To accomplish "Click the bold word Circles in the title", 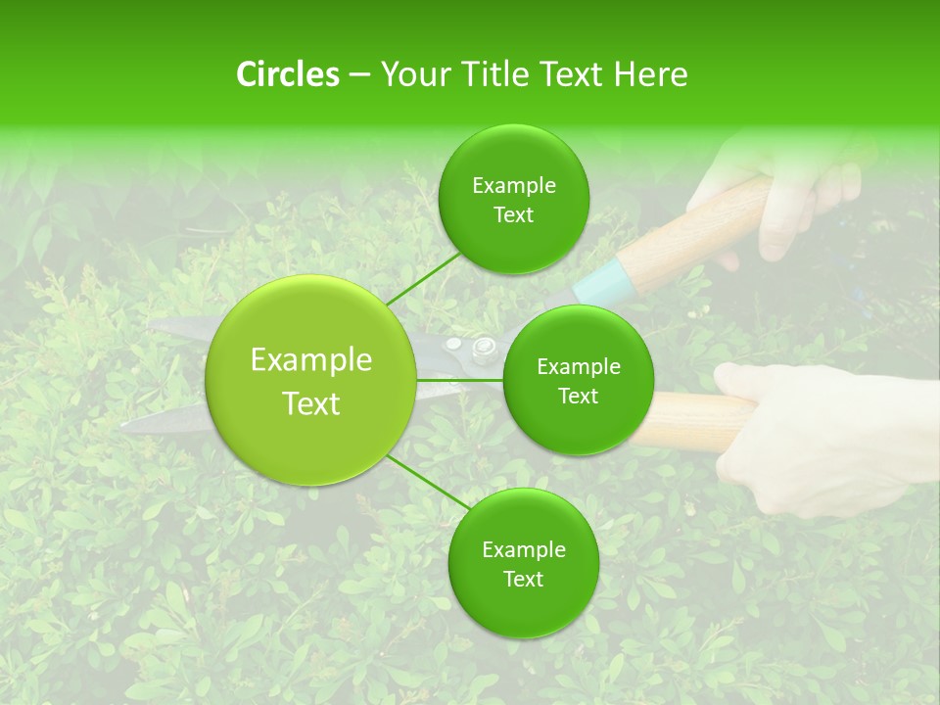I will (x=287, y=74).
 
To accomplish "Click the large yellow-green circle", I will (x=310, y=380).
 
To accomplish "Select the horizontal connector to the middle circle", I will (x=460, y=380).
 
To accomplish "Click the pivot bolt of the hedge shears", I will (x=483, y=347).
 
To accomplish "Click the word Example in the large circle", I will (x=311, y=360).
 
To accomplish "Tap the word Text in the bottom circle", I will (x=523, y=579).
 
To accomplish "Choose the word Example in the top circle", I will (x=514, y=185).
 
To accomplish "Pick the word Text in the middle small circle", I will (x=578, y=396).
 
